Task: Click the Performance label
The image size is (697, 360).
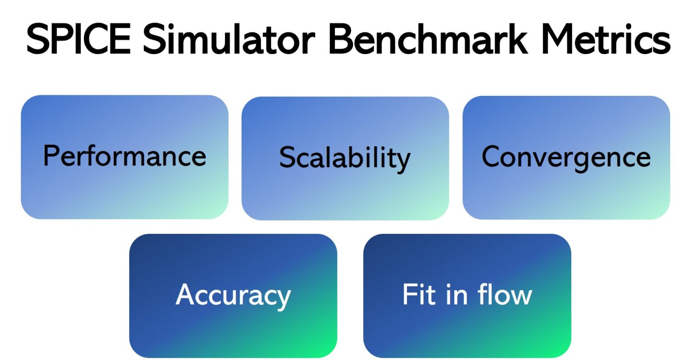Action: point(124,157)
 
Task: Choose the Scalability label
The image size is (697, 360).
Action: point(345,158)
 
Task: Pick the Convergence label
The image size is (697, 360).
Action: point(566,157)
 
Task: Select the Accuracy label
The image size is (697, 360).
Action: point(233,295)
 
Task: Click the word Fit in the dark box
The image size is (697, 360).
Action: point(418,294)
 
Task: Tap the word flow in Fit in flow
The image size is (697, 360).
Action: point(505,294)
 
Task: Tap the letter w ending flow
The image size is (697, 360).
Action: point(522,296)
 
